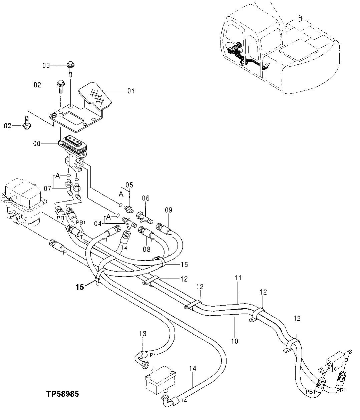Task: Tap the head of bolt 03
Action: tap(70, 65)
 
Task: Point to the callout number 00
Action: tap(37, 144)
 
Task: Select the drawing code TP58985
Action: tap(63, 394)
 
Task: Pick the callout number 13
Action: tap(143, 334)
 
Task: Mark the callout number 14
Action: tap(193, 369)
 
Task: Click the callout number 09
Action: tap(168, 210)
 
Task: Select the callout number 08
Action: tap(146, 249)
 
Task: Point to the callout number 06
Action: tap(146, 198)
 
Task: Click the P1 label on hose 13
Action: tap(152, 355)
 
